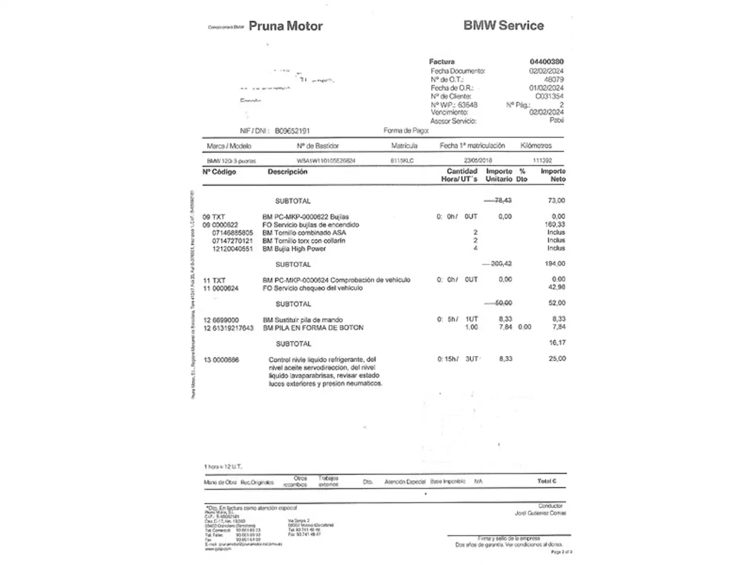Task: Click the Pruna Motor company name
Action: pos(286,26)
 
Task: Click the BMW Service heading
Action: pos(503,26)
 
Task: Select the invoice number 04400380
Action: pos(546,62)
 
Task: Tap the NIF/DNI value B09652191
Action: pos(292,131)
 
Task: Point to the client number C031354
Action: pos(549,96)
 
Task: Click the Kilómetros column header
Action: pos(535,145)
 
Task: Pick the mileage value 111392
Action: pos(542,161)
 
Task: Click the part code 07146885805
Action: pos(232,233)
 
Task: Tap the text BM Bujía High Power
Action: pos(294,248)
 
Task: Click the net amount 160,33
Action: pos(554,224)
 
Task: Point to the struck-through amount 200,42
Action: pos(501,264)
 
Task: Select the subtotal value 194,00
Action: pos(555,264)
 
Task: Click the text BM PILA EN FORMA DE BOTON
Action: pos(313,328)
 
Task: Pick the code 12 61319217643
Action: pos(229,328)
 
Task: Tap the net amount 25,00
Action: pos(557,359)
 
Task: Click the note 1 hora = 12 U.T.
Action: pos(223,466)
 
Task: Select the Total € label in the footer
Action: pos(546,481)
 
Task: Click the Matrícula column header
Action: pos(404,145)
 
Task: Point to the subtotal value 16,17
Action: pos(557,343)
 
